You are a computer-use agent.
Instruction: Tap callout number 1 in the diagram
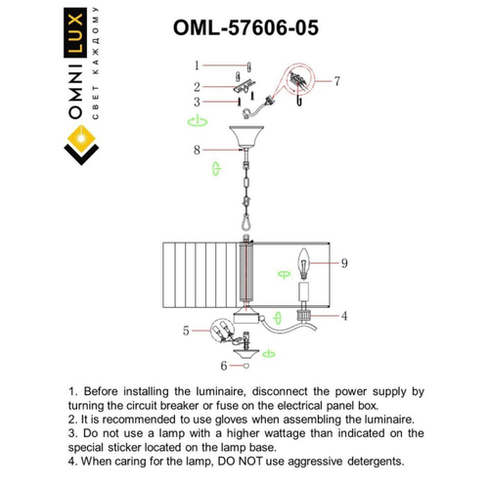pos(197,66)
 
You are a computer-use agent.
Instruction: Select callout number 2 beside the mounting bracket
pos(197,86)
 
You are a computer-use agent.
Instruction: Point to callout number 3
pos(197,102)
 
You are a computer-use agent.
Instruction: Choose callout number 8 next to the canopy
pos(197,150)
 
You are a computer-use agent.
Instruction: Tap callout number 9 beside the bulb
pos(344,263)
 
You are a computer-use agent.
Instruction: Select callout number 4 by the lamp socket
pos(344,316)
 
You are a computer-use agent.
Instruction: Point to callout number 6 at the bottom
pos(223,366)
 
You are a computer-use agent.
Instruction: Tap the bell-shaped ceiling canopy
pos(244,138)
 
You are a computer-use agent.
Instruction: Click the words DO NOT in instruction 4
pos(253,461)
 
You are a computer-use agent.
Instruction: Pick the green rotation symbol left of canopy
pos(197,121)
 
